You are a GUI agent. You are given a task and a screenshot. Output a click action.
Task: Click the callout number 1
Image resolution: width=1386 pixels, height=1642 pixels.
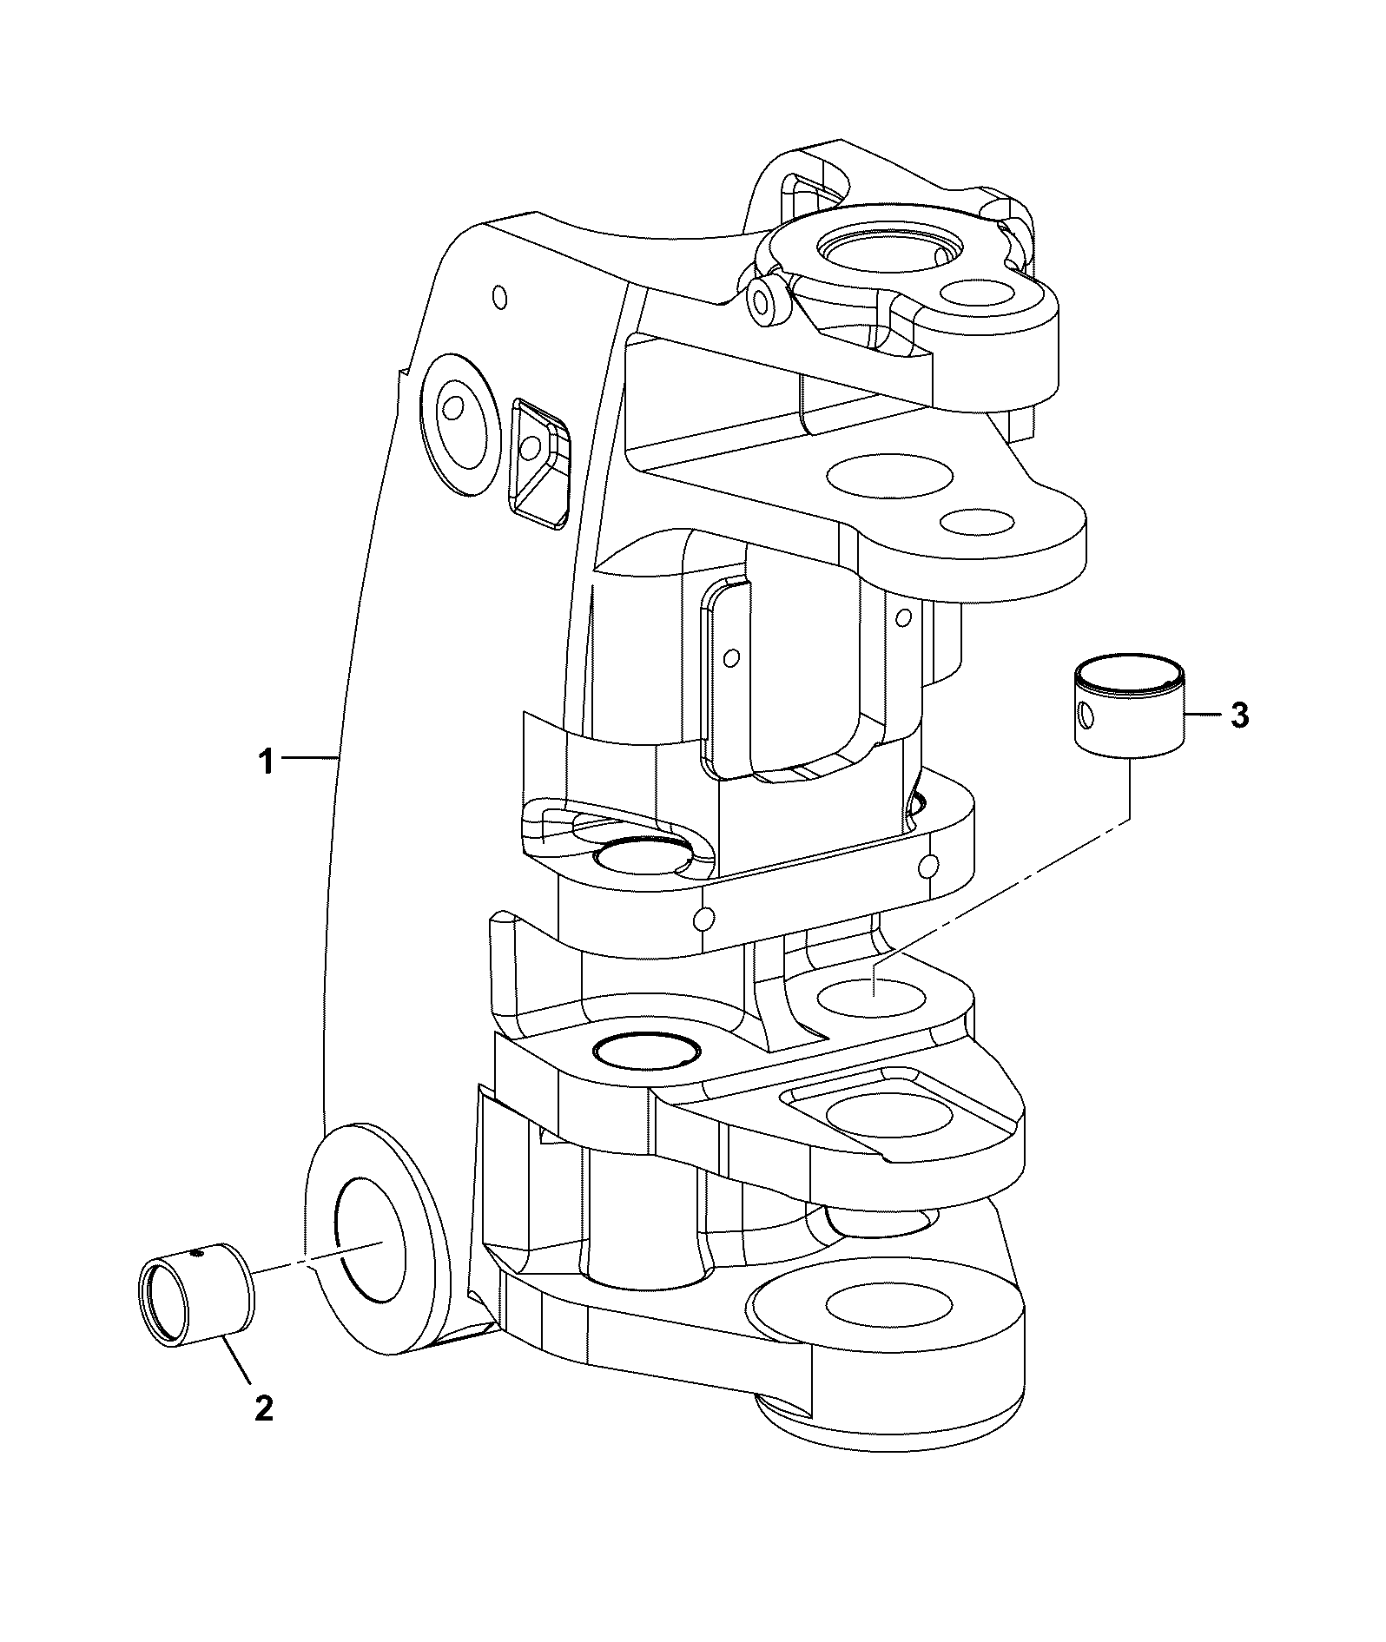pos(265,763)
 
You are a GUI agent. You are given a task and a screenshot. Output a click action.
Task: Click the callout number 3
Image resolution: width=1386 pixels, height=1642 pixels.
pos(1239,716)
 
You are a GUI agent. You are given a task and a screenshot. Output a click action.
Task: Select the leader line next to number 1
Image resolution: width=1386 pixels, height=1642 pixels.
pos(309,759)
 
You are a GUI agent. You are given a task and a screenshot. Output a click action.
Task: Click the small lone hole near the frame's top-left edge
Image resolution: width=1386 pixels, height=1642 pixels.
pos(498,297)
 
